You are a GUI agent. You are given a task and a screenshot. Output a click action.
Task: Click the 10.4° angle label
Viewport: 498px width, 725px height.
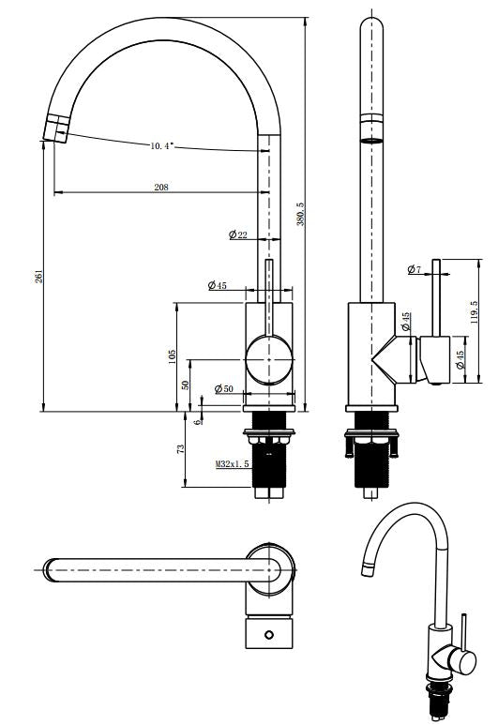pos(162,146)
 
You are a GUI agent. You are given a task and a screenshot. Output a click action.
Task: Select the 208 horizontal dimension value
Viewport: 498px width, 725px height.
pos(161,188)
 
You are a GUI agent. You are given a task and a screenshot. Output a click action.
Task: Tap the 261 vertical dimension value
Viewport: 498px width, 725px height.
pos(38,276)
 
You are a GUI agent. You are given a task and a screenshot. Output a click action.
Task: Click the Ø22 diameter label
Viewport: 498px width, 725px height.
pos(238,234)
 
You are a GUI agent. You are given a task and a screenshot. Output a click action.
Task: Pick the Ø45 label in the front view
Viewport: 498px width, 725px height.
pos(217,285)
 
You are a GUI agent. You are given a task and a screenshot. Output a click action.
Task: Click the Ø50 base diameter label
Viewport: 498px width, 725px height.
pos(223,388)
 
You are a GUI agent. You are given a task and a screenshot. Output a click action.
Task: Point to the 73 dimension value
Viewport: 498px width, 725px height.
pos(180,450)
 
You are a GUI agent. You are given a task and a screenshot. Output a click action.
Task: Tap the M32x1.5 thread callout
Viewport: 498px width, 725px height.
pos(232,463)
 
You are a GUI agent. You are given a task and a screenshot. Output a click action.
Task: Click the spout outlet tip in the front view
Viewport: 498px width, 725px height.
pos(55,128)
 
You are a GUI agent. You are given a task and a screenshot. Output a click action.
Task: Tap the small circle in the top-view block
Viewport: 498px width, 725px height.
pos(270,635)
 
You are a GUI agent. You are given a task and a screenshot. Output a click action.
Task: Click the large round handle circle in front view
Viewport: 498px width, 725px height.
pos(269,358)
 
